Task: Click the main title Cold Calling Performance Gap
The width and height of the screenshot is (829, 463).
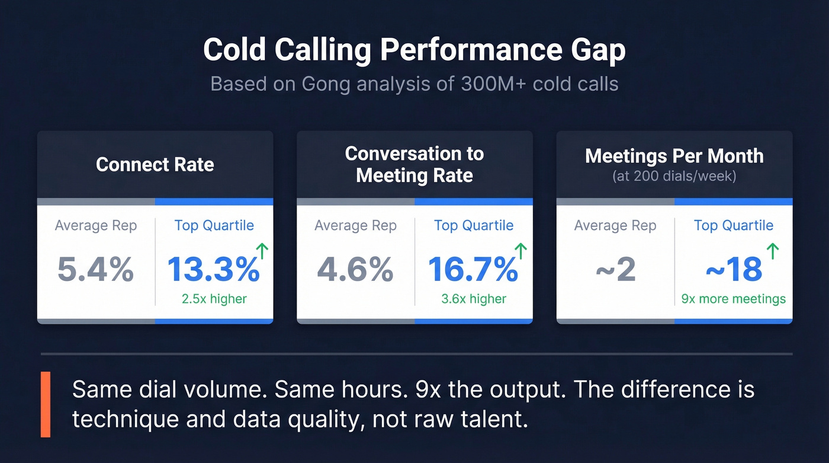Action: coord(414,50)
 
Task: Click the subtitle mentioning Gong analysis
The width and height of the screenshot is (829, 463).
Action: coord(414,84)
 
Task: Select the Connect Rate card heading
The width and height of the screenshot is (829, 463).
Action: coord(155,164)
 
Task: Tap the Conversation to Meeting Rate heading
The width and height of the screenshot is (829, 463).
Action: coord(414,164)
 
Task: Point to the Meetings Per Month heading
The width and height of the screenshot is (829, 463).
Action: coord(674,156)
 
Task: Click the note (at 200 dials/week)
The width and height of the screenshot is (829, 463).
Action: coord(674,176)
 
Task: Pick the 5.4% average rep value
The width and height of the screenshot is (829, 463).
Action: coord(95,270)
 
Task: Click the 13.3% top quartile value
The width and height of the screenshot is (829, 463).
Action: coord(213,270)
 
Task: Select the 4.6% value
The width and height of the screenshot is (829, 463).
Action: coord(355,270)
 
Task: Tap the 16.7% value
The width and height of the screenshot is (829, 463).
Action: coord(473,270)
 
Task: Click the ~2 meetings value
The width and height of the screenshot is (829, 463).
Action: coord(615,270)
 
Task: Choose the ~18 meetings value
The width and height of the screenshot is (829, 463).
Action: coord(733,270)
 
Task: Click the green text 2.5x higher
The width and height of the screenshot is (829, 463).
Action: coord(214,299)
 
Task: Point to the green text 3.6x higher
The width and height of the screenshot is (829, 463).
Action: coord(474,299)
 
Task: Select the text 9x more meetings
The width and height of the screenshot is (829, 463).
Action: coord(733,299)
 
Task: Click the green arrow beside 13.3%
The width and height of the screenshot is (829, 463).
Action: coord(261,251)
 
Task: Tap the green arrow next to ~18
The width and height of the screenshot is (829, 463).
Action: coord(772,251)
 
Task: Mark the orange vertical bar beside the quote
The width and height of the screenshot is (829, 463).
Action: coord(46,404)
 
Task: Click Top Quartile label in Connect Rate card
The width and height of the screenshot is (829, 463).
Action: coord(214,225)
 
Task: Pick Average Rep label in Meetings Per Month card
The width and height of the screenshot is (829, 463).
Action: coord(615,225)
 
